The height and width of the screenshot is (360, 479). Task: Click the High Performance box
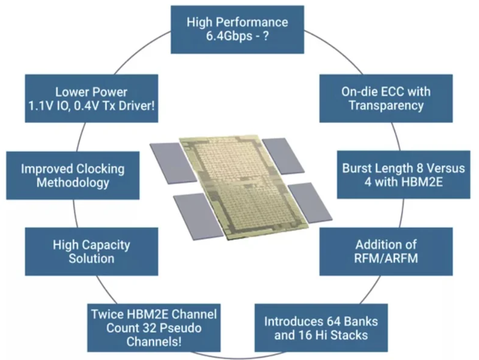coord(237,30)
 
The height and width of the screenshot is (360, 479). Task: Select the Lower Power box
coord(92,99)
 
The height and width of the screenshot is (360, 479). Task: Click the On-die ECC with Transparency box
coord(386,99)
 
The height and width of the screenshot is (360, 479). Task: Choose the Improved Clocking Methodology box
coord(72,175)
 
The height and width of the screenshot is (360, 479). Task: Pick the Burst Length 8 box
coord(404,174)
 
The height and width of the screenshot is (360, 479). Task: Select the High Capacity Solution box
coord(92,251)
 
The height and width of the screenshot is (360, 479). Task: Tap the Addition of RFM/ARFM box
coord(386,251)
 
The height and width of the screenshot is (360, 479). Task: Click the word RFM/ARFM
coord(386,258)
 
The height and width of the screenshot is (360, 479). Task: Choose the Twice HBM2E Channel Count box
coord(153,328)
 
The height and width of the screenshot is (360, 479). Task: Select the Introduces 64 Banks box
coord(321,328)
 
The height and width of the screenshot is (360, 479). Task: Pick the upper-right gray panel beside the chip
coord(283,156)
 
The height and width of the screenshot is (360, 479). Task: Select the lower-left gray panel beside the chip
coord(199,216)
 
